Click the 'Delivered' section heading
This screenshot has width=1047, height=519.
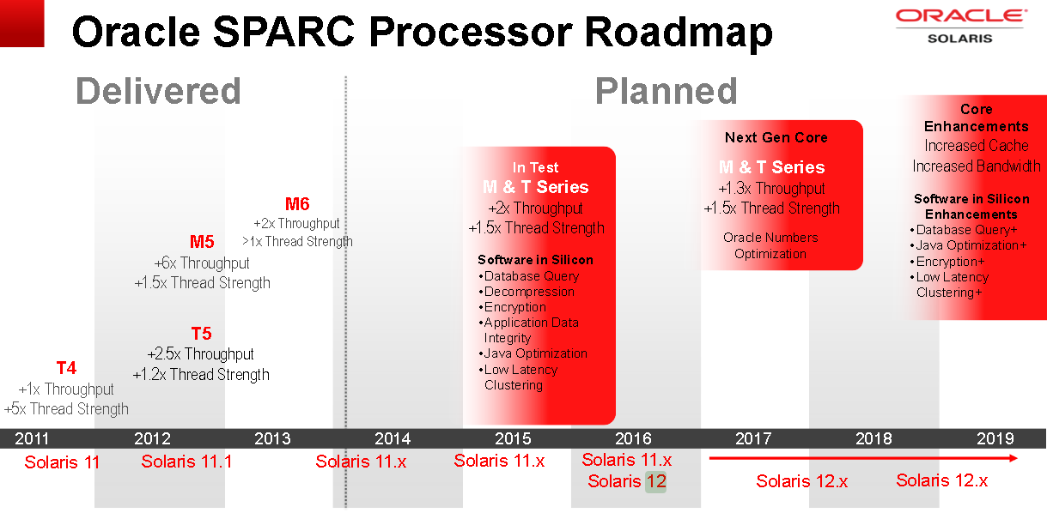[158, 91]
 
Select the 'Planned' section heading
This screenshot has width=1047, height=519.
[666, 91]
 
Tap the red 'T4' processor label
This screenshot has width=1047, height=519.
[66, 368]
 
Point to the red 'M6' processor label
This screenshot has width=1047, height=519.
[297, 204]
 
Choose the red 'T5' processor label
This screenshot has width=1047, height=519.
[201, 334]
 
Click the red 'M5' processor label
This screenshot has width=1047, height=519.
[202, 242]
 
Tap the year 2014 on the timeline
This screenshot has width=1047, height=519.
[393, 438]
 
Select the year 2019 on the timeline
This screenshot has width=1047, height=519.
[995, 438]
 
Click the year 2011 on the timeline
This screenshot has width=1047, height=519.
[33, 438]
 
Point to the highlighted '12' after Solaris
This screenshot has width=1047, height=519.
[656, 481]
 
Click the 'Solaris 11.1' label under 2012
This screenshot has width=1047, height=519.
[186, 462]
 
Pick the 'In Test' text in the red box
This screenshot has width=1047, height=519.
[536, 167]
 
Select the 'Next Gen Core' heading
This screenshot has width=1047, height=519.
[776, 137]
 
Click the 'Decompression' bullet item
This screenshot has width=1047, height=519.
[528, 292]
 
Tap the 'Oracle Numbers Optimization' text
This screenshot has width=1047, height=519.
[770, 245]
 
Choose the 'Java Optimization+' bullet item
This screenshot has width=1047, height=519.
[971, 245]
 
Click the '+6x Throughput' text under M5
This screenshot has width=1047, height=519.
[202, 263]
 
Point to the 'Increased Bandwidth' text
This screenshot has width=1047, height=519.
[976, 166]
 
